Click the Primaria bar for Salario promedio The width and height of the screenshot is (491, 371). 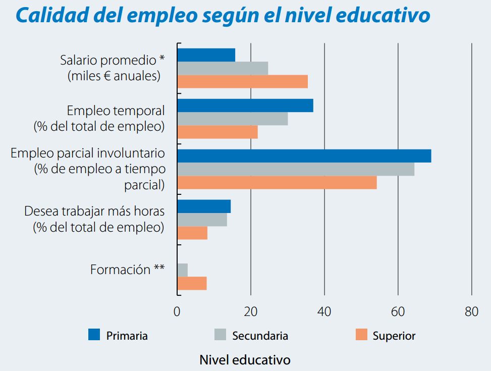click(206, 55)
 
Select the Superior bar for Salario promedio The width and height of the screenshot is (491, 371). click(242, 81)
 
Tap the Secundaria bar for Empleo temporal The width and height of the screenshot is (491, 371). click(232, 119)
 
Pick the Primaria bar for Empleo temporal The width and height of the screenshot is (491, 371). click(245, 105)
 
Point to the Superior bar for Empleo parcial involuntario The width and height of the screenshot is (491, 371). click(277, 182)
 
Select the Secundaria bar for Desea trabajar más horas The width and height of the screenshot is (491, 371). click(202, 220)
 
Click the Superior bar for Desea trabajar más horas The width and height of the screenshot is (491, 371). click(192, 233)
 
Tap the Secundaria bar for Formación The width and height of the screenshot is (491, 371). click(182, 271)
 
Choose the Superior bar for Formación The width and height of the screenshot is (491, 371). click(192, 284)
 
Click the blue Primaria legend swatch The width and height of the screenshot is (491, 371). click(94, 335)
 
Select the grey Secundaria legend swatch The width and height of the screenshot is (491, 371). click(220, 335)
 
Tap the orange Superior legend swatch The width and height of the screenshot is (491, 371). click(361, 335)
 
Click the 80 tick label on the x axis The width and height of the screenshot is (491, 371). click(471, 311)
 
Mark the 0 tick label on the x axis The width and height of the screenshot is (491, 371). click(177, 311)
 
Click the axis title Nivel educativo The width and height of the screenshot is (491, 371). click(245, 360)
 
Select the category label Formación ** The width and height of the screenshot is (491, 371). click(127, 270)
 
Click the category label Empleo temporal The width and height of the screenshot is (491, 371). click(116, 111)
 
